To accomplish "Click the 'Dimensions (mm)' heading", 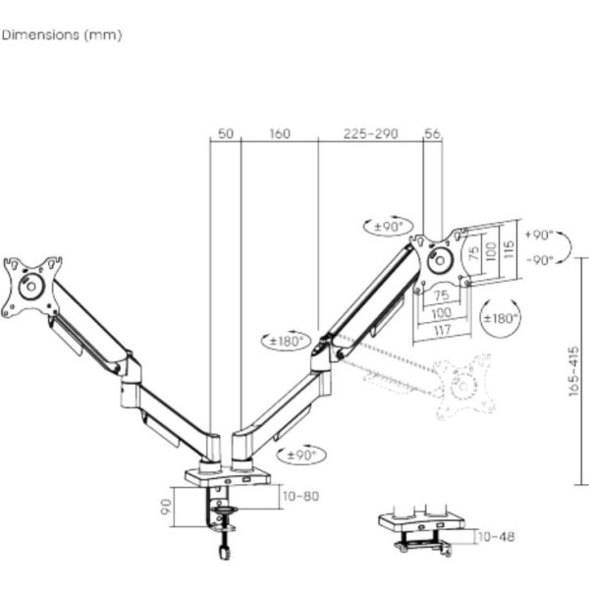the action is (x=62, y=35).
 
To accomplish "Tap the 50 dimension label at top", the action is (x=226, y=134).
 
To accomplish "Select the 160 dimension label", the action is (x=280, y=134).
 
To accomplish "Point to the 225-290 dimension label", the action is (x=370, y=134).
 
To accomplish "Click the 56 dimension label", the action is (x=432, y=134).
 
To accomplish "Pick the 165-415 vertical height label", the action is (x=573, y=371).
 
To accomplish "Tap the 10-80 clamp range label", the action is (x=301, y=496).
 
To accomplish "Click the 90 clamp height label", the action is (x=166, y=507).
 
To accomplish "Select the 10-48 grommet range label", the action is (x=496, y=537).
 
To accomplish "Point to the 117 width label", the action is (x=442, y=331).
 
